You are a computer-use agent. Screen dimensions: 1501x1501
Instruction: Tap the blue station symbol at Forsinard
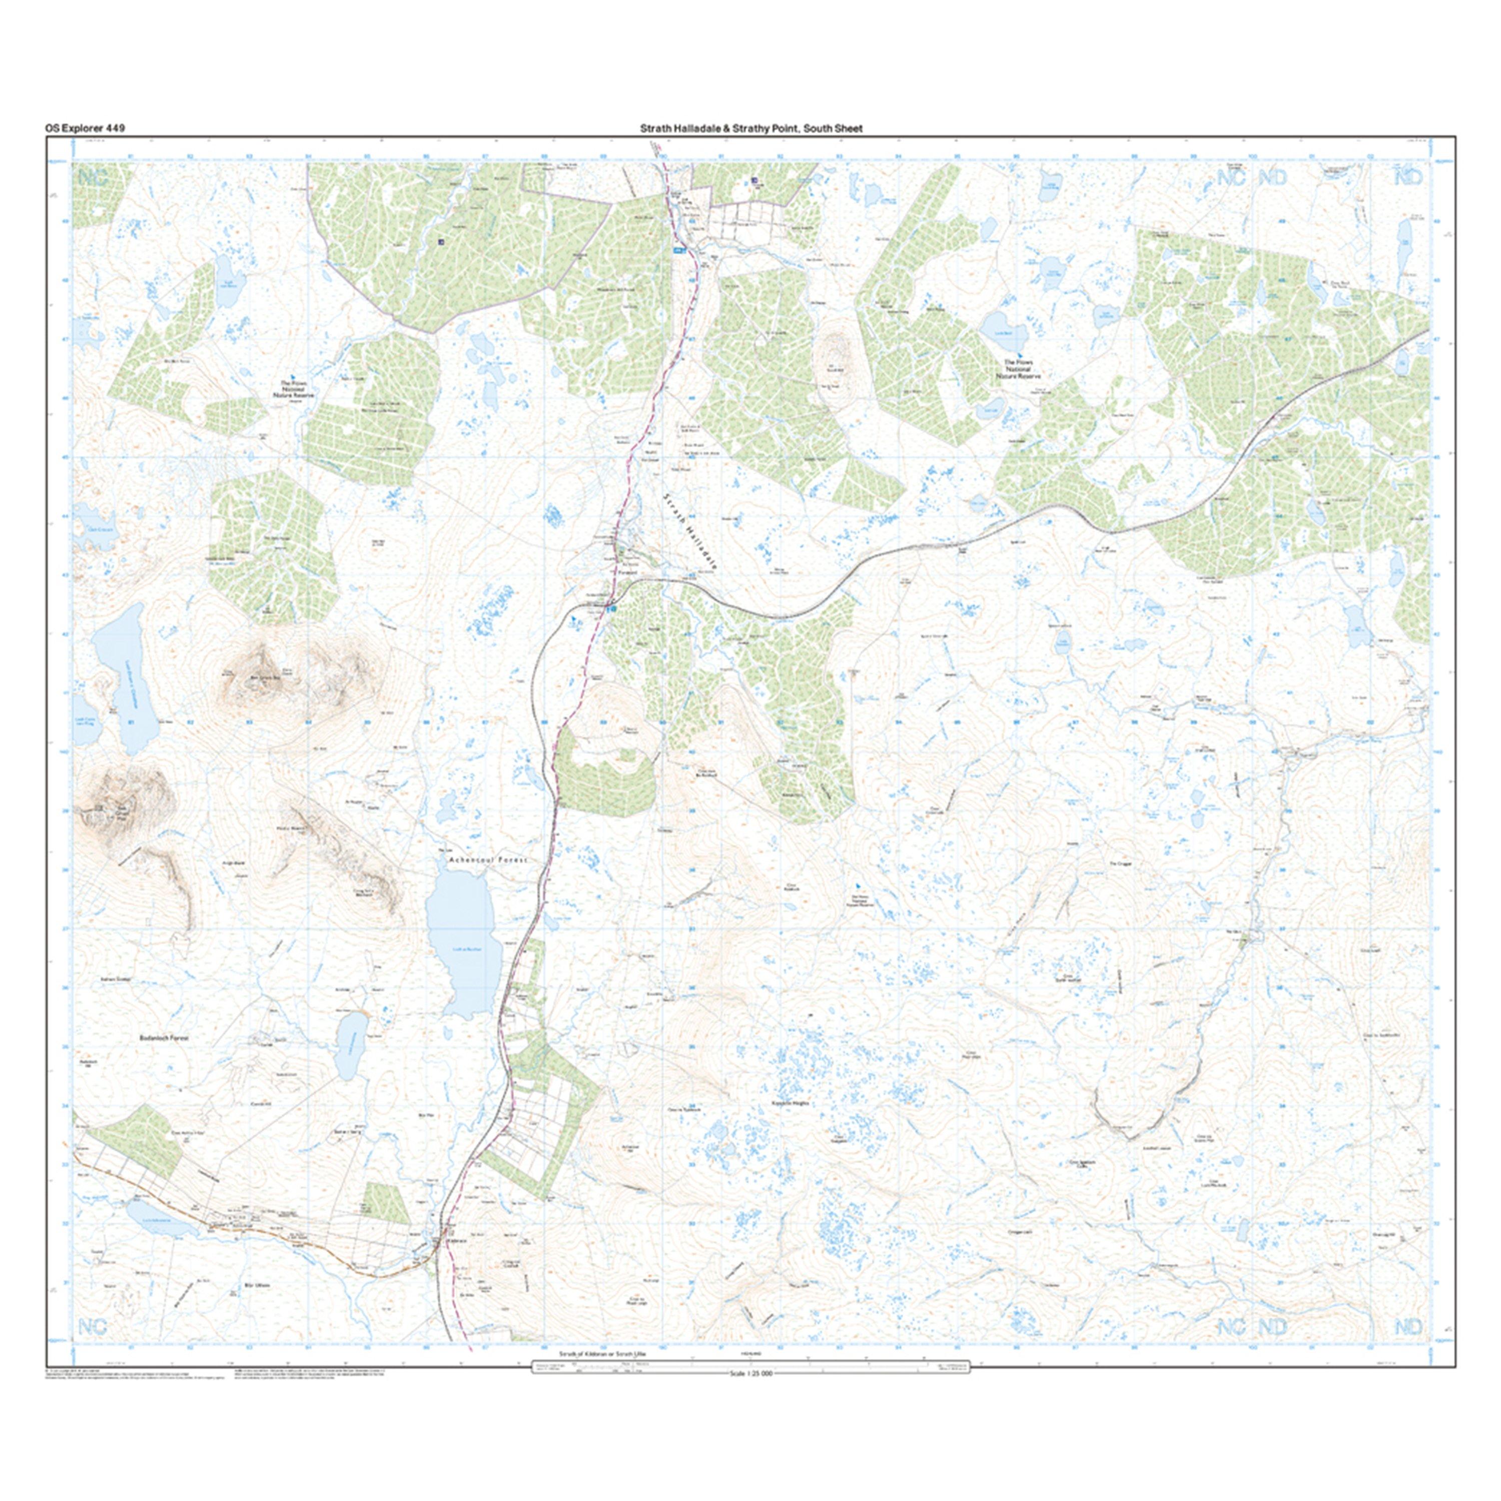[612, 610]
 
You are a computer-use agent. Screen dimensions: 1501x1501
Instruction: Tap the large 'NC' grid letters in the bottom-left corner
[93, 1326]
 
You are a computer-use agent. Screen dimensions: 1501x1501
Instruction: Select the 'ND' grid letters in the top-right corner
[1408, 177]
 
